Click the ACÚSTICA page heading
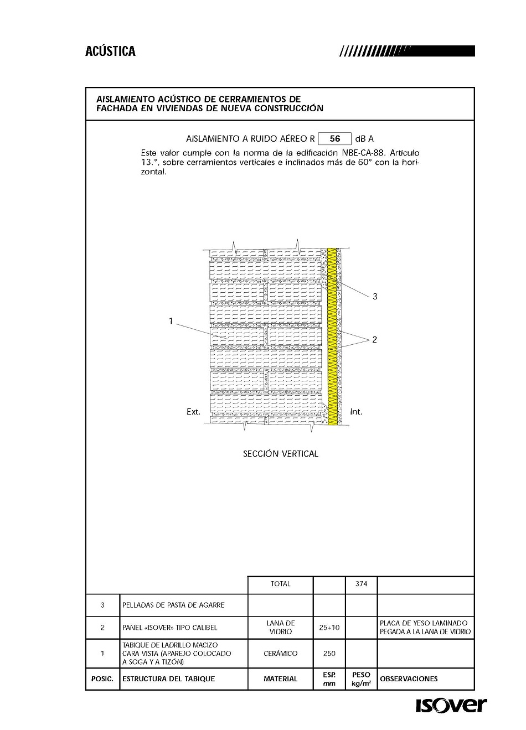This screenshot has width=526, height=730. (x=110, y=51)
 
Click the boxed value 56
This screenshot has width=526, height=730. (x=334, y=139)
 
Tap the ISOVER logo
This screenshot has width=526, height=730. (x=451, y=706)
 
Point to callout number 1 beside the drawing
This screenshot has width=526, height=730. (x=171, y=321)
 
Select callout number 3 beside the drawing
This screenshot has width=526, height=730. (x=375, y=297)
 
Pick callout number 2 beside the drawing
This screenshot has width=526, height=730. (x=374, y=340)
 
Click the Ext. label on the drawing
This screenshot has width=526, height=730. (x=193, y=412)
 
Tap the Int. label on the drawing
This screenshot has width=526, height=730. (x=356, y=412)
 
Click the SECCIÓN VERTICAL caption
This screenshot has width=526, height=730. (x=281, y=454)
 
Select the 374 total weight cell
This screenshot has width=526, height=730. (x=361, y=584)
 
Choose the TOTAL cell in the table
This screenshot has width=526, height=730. (x=280, y=584)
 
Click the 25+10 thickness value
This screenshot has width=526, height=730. (x=329, y=628)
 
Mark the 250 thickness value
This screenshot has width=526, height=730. (x=329, y=654)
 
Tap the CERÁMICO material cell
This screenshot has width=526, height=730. (x=280, y=654)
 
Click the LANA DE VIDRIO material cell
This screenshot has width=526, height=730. (x=280, y=628)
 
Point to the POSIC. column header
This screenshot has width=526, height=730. (x=102, y=679)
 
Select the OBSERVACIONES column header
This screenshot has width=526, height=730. (x=409, y=679)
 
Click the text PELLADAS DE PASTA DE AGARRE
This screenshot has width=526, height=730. (x=173, y=605)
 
